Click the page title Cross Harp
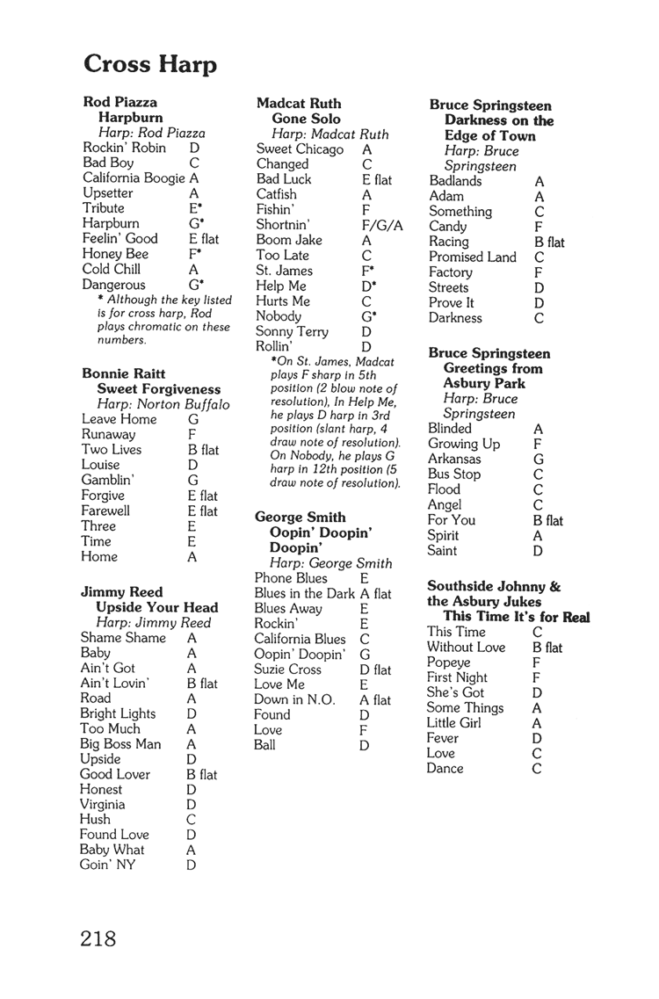pos(150,64)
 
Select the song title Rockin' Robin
pos(124,148)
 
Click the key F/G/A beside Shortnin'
pos(382,225)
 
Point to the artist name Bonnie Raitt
pos(123,373)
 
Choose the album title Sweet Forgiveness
pos(158,389)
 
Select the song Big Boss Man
pos(120,743)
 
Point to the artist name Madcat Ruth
pos(299,104)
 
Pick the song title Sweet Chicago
pos(300,148)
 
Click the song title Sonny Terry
pos(292,331)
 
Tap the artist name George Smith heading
pos(300,518)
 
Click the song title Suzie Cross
pos(287,669)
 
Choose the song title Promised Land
pos(473,257)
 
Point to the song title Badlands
pos(455,181)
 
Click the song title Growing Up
pos(463,444)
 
